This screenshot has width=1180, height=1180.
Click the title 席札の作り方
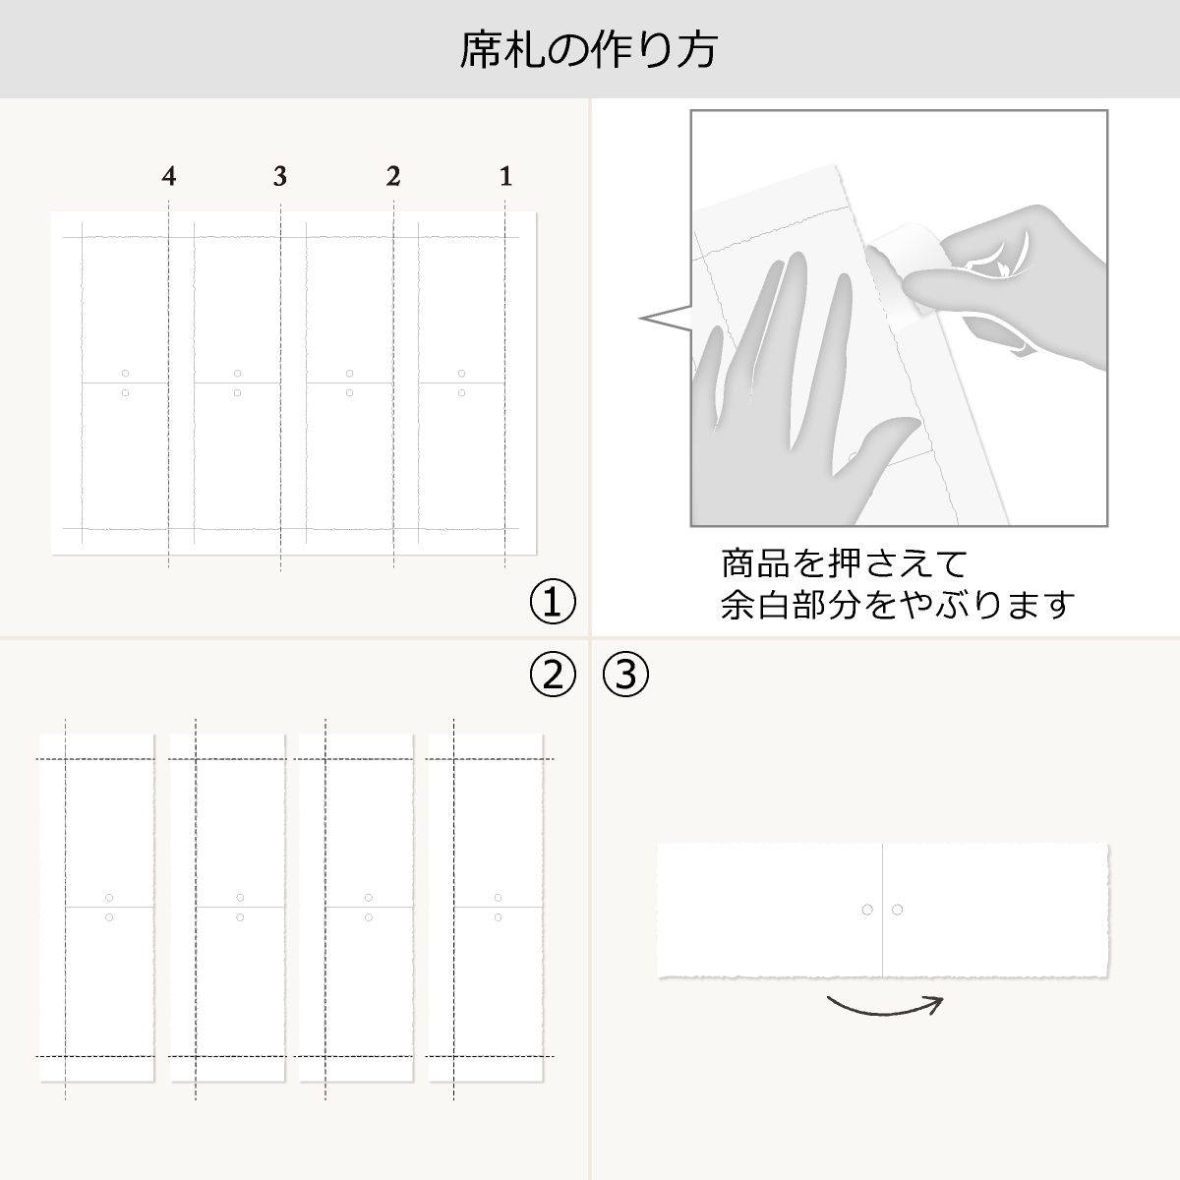588,49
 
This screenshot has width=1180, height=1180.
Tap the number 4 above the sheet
169,176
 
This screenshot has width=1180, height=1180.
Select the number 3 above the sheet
280,176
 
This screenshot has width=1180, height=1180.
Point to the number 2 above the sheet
393,176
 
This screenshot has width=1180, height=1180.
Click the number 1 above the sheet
505,176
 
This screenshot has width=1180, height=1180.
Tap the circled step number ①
553,602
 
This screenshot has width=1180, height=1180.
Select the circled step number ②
553,675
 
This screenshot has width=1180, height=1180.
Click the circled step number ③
625,675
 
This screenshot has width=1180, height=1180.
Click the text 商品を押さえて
844,564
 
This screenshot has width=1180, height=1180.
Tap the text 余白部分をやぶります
897,605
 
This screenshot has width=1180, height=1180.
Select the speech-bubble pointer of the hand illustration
666,319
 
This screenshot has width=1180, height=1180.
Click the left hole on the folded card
867,910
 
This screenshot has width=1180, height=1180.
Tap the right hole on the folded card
897,910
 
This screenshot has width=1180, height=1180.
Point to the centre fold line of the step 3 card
882,910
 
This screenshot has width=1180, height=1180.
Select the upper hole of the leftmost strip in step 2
109,898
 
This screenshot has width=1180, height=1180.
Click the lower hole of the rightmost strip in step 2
498,917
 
